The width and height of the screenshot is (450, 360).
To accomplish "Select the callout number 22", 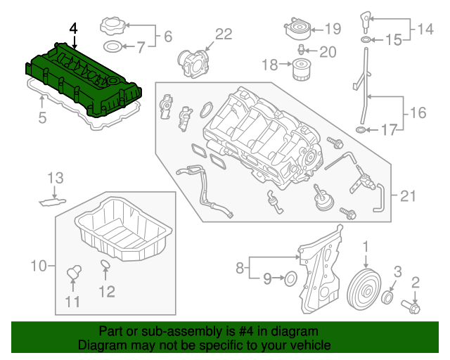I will [x=223, y=34].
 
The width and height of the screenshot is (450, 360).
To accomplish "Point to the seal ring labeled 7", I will [x=111, y=47].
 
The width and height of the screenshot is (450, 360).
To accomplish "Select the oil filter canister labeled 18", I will [x=302, y=71].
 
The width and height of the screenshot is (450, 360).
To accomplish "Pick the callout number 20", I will [x=328, y=51].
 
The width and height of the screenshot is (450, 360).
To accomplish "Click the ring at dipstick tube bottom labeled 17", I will [x=361, y=129].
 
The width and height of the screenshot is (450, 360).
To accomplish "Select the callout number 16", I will [x=418, y=112].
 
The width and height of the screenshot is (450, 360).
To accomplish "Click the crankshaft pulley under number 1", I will [x=365, y=288].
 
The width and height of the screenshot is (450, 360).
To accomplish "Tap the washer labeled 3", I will [x=387, y=301].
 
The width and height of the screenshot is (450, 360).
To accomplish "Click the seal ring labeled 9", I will [x=289, y=281].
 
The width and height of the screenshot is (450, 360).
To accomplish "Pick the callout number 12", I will [x=106, y=290].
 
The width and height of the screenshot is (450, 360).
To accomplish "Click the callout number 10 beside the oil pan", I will [x=38, y=266].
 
